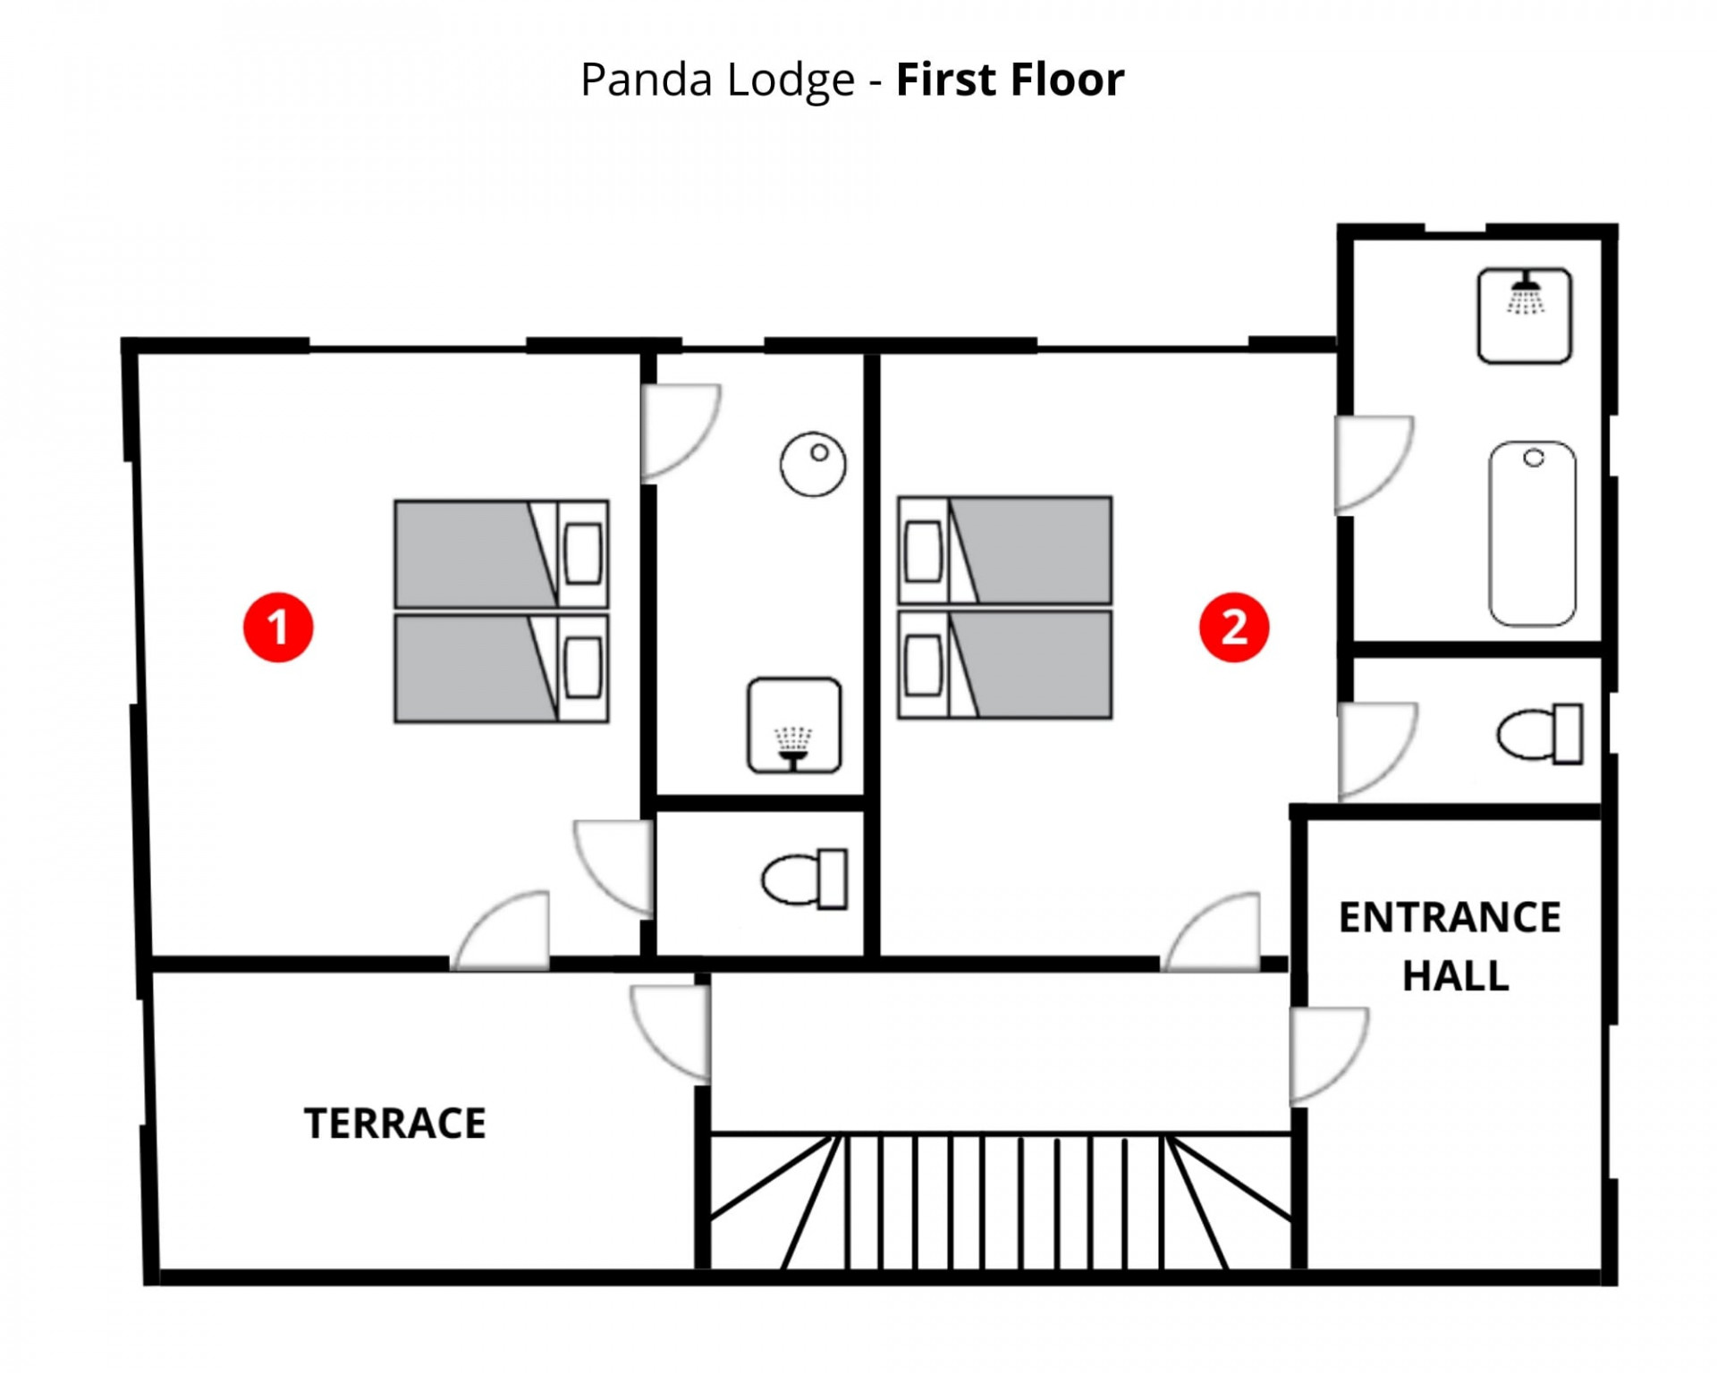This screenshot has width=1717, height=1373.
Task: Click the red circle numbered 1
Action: tap(278, 627)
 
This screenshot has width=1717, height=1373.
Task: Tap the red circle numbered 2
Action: tap(1233, 627)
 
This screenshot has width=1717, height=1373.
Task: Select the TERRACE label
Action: tap(394, 1124)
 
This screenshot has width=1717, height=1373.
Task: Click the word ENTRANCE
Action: tap(1450, 918)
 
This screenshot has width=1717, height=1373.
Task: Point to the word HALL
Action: tap(1455, 975)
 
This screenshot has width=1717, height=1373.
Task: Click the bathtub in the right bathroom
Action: tap(1532, 534)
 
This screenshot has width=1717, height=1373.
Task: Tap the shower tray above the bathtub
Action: tap(1524, 316)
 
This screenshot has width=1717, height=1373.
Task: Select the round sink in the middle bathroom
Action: tap(812, 464)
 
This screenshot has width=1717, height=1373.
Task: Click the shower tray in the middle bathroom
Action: tap(794, 725)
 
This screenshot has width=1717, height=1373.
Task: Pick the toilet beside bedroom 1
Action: tap(805, 880)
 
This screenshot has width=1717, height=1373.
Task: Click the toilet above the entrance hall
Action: tap(1540, 734)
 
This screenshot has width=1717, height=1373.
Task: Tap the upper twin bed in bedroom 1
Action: tap(501, 554)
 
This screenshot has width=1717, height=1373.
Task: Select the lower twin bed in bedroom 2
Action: tap(1004, 665)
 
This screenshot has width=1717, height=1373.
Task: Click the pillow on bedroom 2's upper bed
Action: tap(923, 551)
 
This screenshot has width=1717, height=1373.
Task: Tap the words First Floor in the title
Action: tap(1010, 80)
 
